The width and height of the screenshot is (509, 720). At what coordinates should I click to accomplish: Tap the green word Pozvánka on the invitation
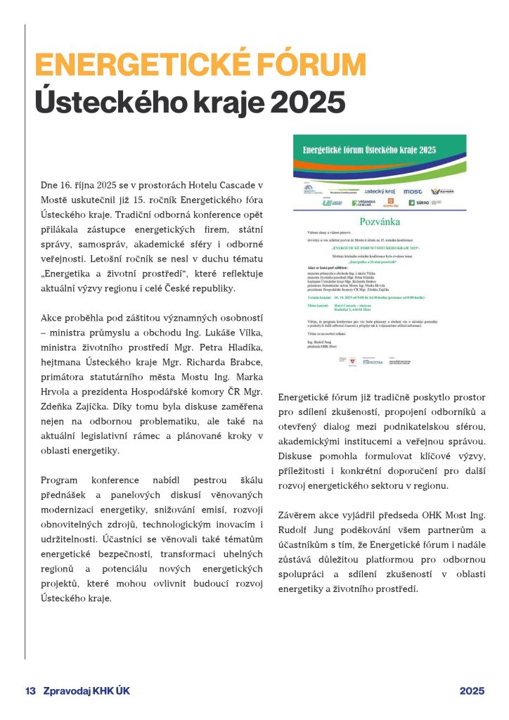(x=380, y=221)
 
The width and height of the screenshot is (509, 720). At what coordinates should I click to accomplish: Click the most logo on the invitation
(x=412, y=191)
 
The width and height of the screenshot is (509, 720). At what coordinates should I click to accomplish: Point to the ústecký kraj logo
(x=378, y=191)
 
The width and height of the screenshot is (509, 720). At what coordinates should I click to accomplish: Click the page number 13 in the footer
(x=30, y=690)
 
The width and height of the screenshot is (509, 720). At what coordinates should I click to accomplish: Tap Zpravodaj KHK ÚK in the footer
(x=86, y=690)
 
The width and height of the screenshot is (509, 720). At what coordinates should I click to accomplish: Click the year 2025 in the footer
(x=472, y=690)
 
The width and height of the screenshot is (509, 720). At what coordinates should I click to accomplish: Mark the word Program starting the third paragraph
(x=59, y=480)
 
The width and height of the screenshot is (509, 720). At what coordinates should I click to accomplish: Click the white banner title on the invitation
(x=369, y=150)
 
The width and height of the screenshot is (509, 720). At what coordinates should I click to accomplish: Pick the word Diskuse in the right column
(x=298, y=455)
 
